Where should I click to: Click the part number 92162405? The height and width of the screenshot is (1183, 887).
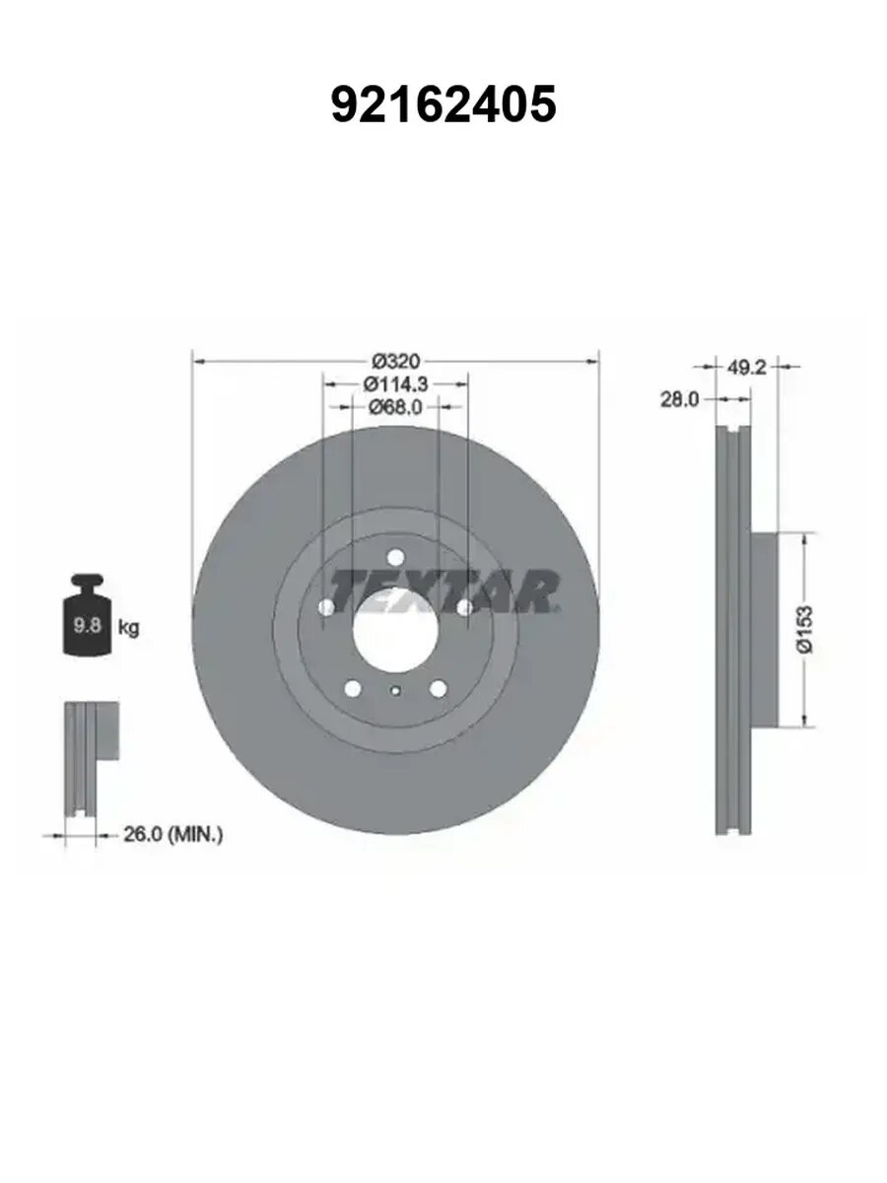click(x=443, y=104)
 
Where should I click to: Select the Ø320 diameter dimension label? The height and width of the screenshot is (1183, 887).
click(x=397, y=361)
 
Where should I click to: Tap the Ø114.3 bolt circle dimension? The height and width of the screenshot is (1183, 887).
click(x=396, y=383)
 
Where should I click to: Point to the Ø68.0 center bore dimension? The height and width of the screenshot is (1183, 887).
click(x=395, y=407)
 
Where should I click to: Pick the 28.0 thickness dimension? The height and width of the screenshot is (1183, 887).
click(x=680, y=399)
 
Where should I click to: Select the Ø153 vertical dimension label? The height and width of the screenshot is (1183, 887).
click(x=805, y=629)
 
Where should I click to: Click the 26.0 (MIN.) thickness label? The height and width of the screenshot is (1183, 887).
click(x=172, y=834)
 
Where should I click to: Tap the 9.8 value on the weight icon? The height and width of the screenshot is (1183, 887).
click(x=88, y=626)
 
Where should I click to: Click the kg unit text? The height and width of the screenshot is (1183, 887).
click(x=129, y=627)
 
